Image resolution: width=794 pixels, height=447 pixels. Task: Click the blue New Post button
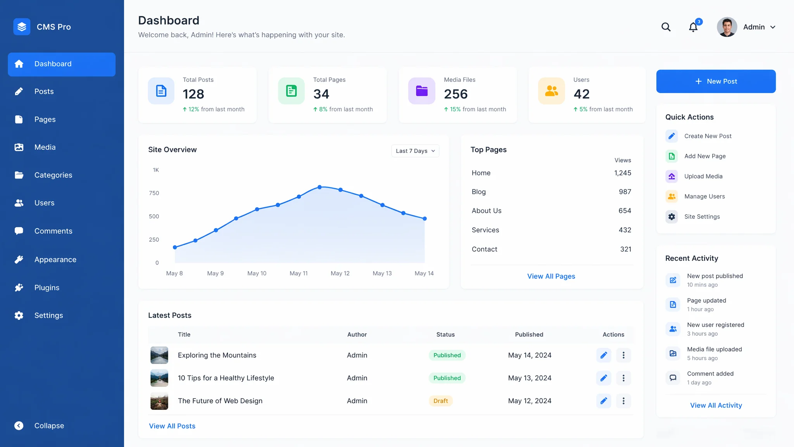[716, 81]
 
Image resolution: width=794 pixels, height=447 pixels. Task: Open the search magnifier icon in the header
[666, 27]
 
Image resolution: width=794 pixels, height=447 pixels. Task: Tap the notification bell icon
[693, 27]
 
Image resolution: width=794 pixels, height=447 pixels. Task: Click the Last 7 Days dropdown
[415, 151]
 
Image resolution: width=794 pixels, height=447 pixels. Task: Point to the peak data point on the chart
[320, 187]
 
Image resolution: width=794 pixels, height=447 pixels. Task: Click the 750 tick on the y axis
[154, 193]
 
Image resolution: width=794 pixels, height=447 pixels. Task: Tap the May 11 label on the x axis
[299, 273]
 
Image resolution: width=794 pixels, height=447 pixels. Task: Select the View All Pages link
[551, 276]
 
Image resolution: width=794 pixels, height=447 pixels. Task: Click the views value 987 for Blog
[625, 192]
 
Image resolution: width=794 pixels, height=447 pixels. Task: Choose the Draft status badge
[441, 401]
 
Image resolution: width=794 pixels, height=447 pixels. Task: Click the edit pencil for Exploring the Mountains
[604, 355]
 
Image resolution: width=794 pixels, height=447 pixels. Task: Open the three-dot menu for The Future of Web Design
[623, 401]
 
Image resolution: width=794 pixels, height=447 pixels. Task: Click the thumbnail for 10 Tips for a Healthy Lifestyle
[159, 378]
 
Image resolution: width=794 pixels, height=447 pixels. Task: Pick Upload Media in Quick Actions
[703, 176]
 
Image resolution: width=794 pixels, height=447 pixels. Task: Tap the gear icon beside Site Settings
[672, 217]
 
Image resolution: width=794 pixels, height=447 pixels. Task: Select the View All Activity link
[716, 405]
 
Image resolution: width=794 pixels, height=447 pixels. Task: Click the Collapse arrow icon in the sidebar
[19, 426]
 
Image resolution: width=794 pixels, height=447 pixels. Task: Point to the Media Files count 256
[456, 94]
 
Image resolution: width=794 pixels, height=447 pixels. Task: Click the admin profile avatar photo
[727, 27]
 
